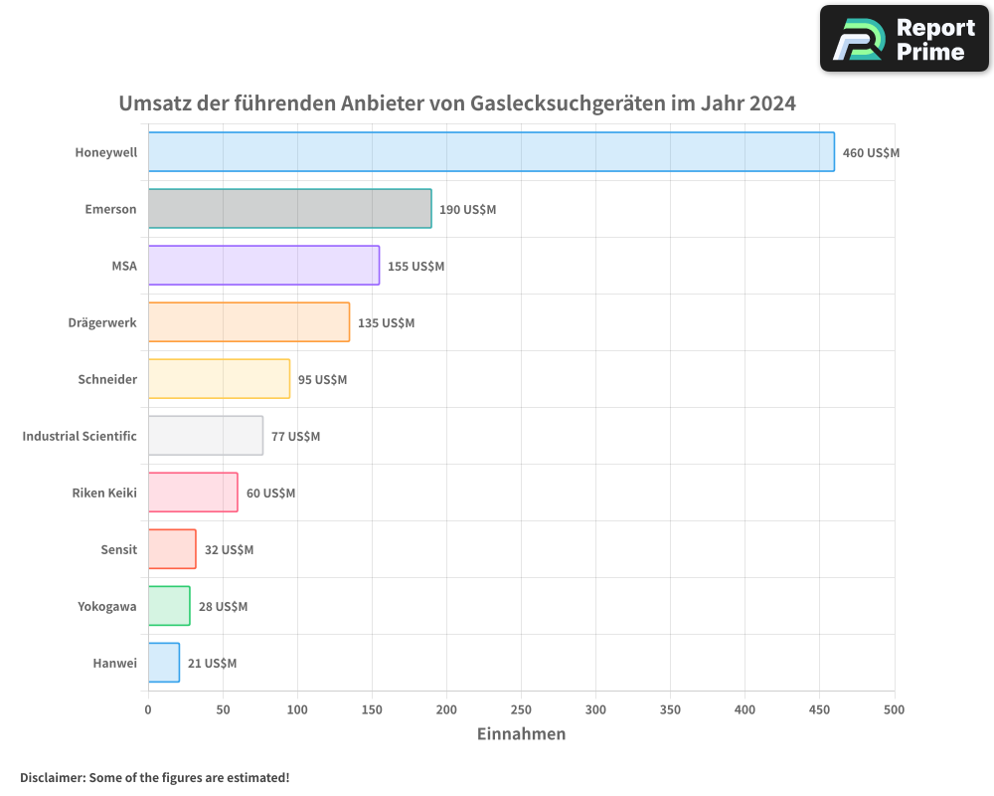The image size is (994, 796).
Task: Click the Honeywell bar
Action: [491, 151]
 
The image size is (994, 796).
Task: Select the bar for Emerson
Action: [289, 208]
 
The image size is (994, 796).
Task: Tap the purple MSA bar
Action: [263, 265]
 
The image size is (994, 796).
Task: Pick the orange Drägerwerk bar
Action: [248, 321]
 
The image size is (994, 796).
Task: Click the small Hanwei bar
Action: [164, 662]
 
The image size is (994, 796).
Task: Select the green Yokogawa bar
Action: [169, 605]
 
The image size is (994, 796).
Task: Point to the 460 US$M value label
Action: [871, 153]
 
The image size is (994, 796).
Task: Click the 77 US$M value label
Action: [295, 437]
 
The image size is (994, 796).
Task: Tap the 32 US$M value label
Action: [229, 550]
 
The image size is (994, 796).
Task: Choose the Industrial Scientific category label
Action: [80, 436]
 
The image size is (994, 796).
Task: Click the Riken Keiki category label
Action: [104, 493]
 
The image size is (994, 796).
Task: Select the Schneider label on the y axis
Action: [107, 379]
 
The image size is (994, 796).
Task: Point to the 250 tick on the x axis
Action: [521, 709]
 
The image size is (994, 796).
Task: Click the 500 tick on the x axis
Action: [894, 709]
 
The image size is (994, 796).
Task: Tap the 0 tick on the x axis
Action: [148, 709]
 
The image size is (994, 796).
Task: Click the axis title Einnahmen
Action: [521, 734]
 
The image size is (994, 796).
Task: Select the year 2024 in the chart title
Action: [772, 103]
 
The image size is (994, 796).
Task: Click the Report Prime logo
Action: [905, 39]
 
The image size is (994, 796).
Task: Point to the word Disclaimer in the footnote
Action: [52, 777]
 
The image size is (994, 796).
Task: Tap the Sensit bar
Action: [172, 548]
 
